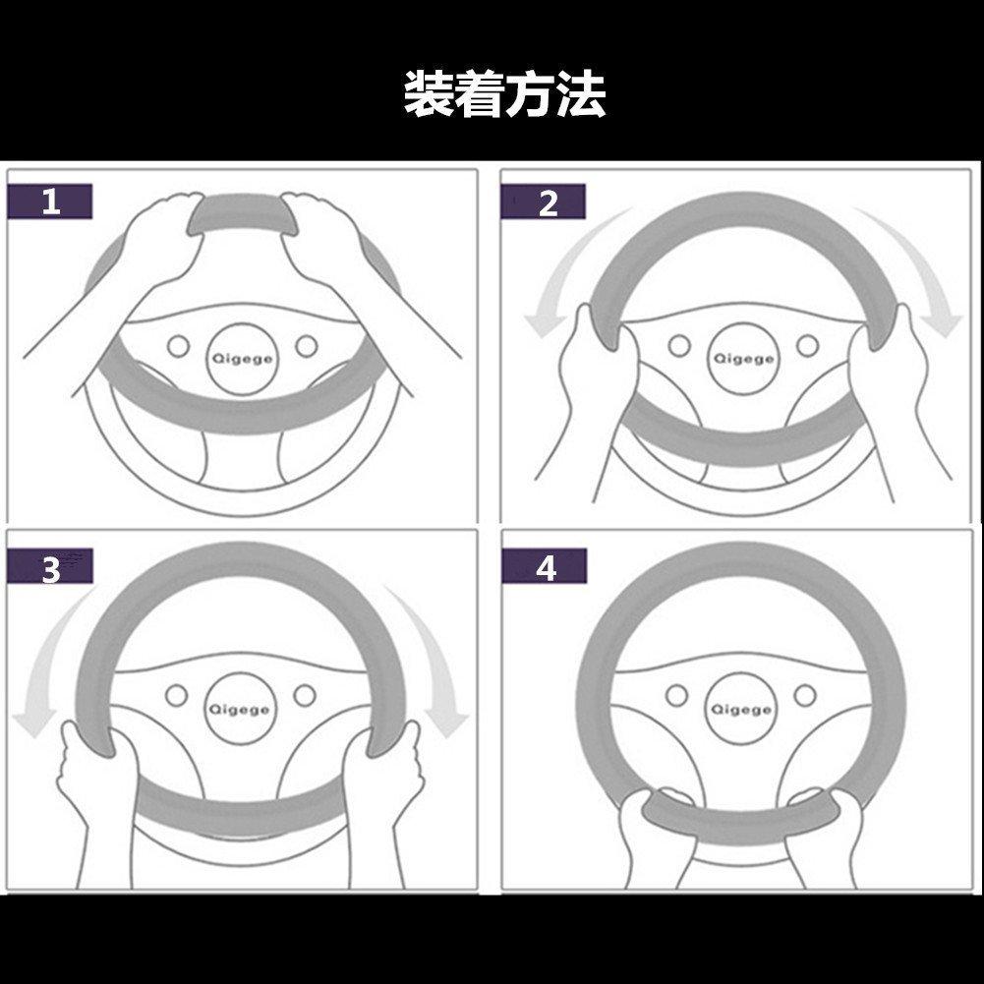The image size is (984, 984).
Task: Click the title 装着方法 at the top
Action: (504, 94)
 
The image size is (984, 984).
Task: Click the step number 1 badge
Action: (50, 202)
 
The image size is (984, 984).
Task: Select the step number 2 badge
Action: (544, 202)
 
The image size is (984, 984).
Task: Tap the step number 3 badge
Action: (50, 566)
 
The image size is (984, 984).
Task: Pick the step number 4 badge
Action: (544, 566)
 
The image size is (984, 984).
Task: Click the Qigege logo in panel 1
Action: (242, 359)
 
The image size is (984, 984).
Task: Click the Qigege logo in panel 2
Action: (743, 359)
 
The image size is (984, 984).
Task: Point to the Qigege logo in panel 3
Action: (240, 709)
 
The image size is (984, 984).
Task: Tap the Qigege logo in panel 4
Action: (741, 709)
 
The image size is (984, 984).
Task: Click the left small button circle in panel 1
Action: (178, 346)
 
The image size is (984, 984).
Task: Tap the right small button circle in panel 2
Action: (808, 346)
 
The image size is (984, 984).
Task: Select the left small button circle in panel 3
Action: (176, 695)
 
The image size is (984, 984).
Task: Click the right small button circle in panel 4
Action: (805, 695)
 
